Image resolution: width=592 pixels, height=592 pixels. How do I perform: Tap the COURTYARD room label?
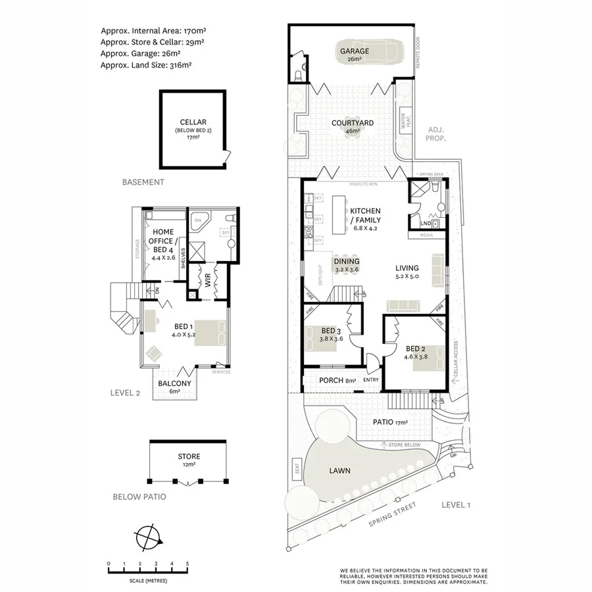coord(353,123)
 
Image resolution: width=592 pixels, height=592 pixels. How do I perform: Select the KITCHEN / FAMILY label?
coord(365,216)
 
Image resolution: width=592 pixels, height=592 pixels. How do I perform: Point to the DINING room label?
coord(346,261)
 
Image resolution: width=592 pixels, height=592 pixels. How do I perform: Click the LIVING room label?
coord(407,268)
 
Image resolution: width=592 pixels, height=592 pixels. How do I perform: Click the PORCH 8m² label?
coord(337,380)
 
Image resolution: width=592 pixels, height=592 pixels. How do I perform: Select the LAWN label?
coord(340,471)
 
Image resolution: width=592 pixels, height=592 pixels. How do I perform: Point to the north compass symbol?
coord(149,537)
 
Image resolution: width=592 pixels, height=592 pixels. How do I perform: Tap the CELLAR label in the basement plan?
coord(193,122)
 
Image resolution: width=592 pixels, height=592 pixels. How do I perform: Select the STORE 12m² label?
coord(189,456)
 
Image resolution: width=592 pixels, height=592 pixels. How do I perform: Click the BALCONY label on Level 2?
coord(174,383)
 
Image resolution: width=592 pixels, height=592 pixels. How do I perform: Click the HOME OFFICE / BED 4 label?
coord(162,241)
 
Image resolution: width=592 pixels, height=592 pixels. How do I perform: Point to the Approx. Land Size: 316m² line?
coord(147,65)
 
